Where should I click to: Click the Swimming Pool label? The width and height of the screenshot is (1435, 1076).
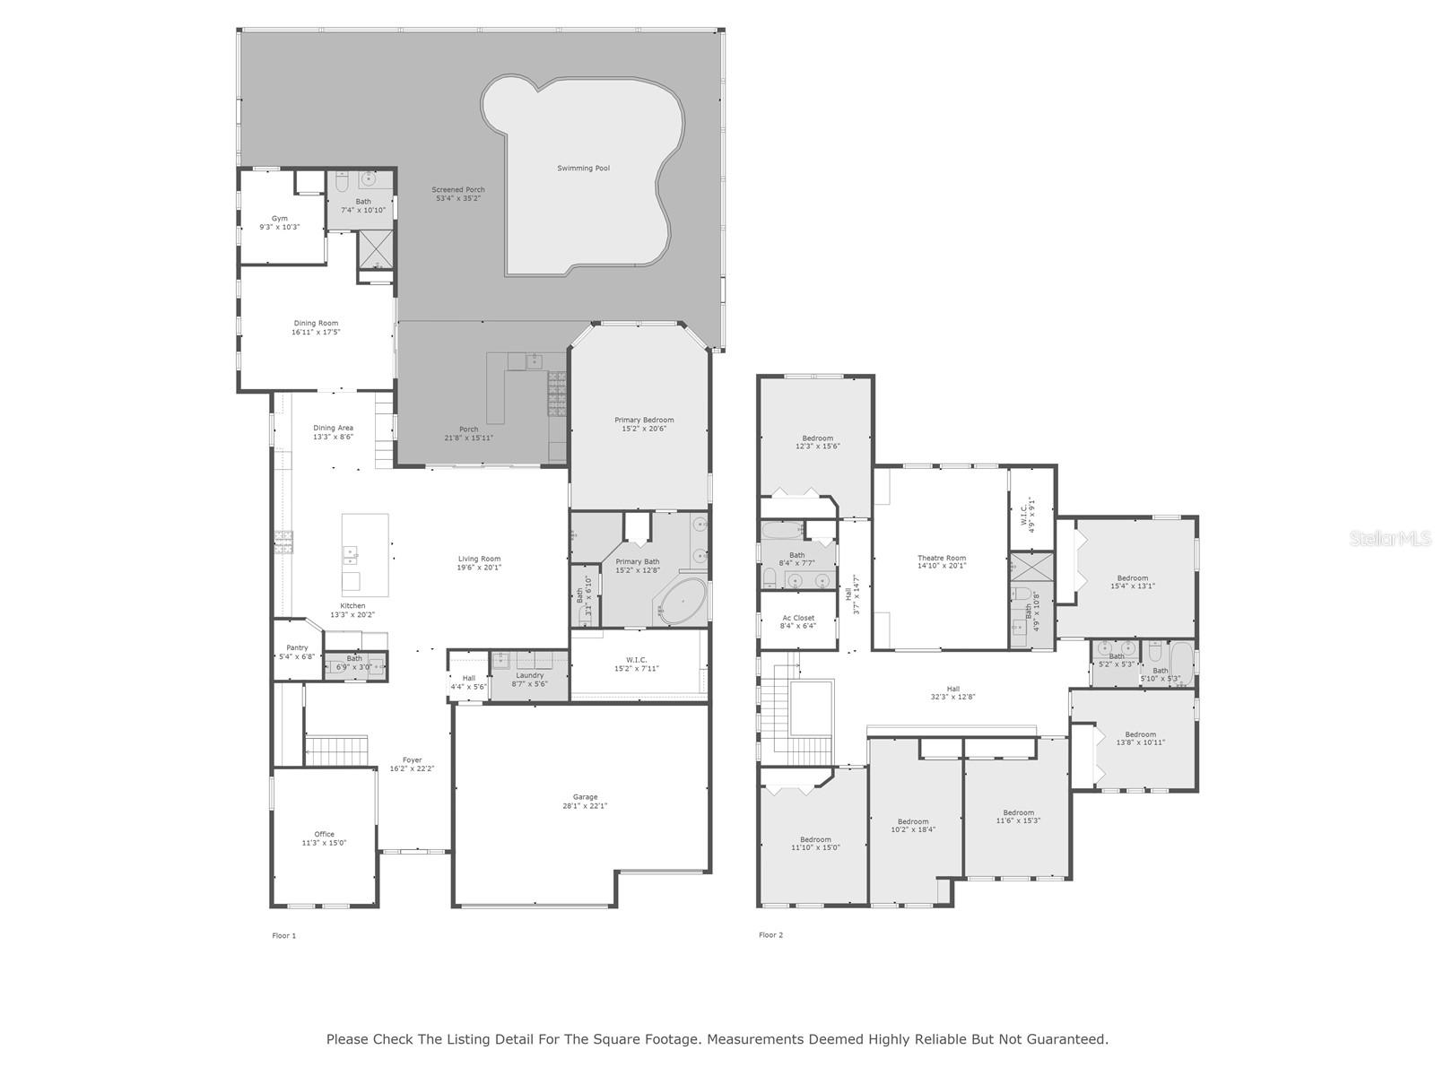point(583,168)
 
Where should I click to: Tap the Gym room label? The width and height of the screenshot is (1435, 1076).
point(280,218)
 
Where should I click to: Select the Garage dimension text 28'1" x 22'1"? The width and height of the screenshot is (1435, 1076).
point(585,806)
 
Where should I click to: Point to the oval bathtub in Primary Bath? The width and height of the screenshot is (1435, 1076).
point(684,601)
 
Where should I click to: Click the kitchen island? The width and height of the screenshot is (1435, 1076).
point(365,554)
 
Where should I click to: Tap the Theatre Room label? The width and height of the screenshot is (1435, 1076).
point(942,558)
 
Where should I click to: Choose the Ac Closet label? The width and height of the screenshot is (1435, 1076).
point(798,618)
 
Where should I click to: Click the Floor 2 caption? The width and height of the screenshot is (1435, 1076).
point(770,935)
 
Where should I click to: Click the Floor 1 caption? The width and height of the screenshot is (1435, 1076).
point(283,936)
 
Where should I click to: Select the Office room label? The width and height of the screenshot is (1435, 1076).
point(324,834)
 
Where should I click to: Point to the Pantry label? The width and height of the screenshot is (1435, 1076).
point(297,647)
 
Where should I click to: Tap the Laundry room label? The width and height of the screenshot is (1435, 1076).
point(529,675)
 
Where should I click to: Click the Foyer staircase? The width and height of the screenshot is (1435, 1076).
point(336,750)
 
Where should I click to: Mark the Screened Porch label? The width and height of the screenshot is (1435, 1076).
point(457,189)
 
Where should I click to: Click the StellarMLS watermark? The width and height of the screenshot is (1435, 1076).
point(1390,538)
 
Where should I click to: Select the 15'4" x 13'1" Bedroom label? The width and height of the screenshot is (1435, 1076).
point(1133,578)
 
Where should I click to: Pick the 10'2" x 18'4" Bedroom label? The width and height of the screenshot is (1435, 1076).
point(913,821)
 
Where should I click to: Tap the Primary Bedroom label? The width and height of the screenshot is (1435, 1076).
point(644,420)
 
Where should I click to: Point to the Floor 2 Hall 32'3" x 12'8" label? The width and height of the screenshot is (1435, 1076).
point(952,689)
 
